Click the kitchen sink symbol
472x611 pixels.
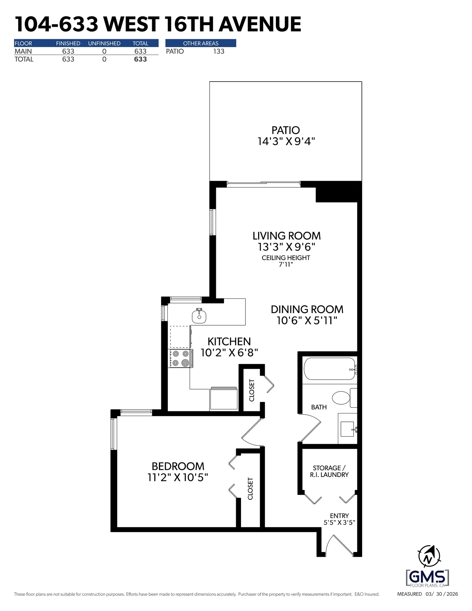click(x=199, y=316)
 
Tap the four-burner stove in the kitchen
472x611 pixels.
click(x=180, y=358)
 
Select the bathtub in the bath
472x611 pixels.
click(x=329, y=369)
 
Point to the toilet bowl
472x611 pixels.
click(x=341, y=398)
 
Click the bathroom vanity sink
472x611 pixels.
click(x=347, y=429)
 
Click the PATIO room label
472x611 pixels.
click(x=285, y=130)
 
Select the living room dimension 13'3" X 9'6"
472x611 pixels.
click(x=286, y=247)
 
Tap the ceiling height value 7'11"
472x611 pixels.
click(x=286, y=264)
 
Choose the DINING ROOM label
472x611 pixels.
click(x=307, y=309)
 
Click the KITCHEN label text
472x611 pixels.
click(x=229, y=342)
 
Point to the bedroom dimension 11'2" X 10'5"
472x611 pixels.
click(x=178, y=477)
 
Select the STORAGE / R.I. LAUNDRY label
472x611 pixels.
click(x=329, y=471)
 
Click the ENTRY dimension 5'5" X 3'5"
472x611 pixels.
click(x=339, y=522)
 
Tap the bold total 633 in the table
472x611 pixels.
click(x=140, y=59)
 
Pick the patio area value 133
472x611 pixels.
click(x=219, y=51)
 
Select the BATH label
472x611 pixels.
click(x=319, y=407)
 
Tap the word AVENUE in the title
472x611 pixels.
click(x=260, y=24)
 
